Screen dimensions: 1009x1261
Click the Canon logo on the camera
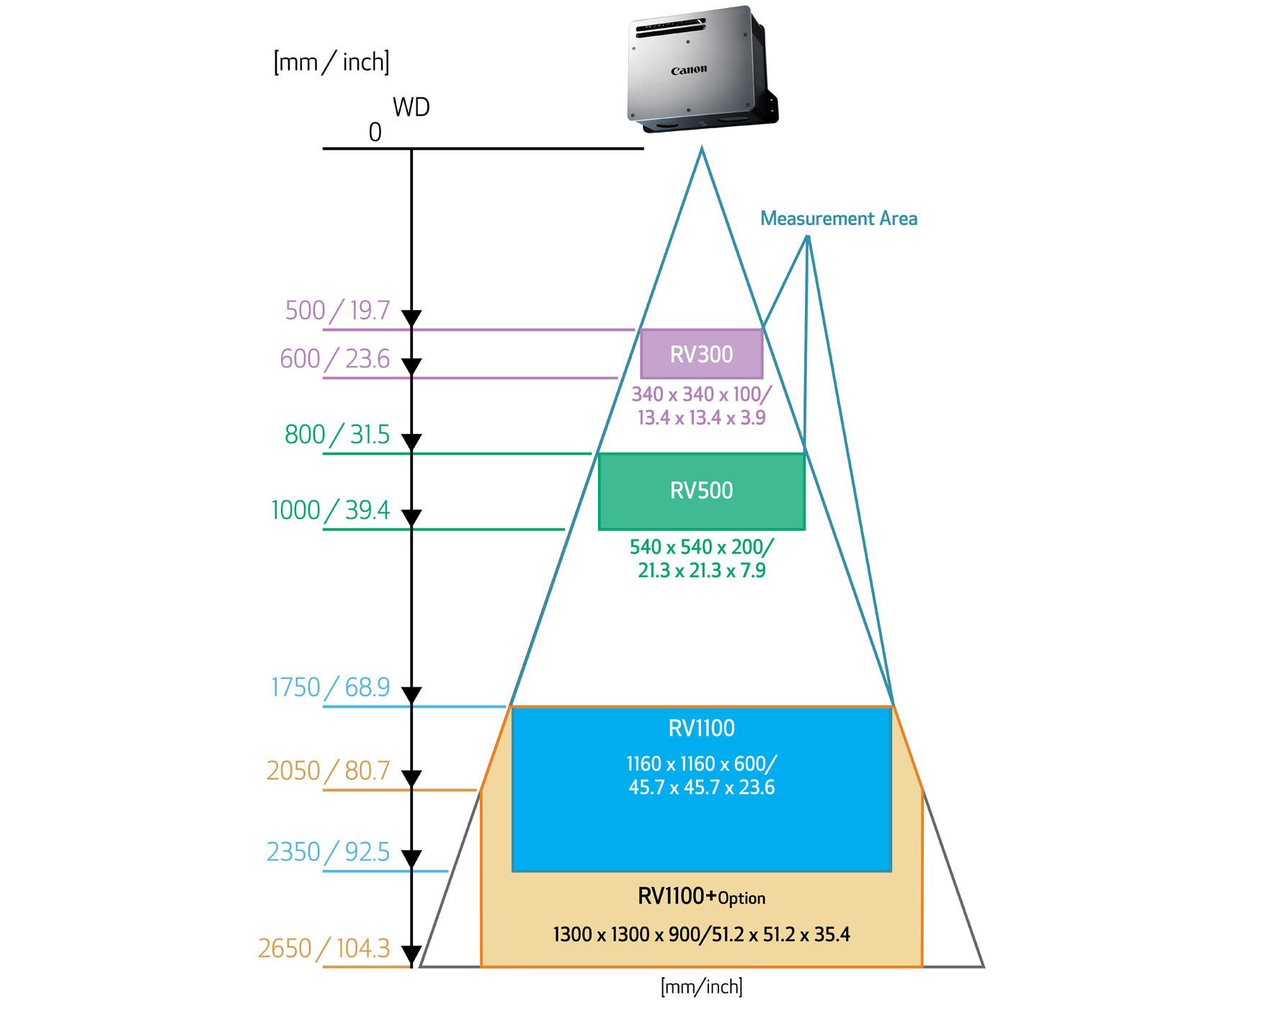coord(689,70)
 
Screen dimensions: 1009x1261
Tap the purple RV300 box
coord(701,354)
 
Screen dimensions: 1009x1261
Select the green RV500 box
coord(701,491)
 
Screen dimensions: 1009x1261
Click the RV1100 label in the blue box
coord(701,728)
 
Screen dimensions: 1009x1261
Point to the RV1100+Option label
coord(701,897)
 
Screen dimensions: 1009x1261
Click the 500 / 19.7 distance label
coord(337,311)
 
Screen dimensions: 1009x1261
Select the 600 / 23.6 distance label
coord(334,359)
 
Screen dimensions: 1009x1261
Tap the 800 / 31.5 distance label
coord(337,435)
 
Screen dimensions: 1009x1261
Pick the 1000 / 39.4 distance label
coord(330,510)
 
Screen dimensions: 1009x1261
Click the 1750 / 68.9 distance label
coord(330,688)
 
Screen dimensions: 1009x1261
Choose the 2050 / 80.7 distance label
coord(328,771)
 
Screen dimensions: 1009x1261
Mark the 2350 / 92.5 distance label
coord(328,853)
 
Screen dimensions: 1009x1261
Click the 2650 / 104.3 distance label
coord(324,948)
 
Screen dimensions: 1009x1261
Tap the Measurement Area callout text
coord(839,218)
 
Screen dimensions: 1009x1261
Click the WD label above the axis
coord(411,107)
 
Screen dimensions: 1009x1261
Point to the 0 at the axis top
coord(375,133)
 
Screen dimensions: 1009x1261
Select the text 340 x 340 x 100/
coord(701,394)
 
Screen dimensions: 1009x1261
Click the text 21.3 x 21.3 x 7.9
coord(701,571)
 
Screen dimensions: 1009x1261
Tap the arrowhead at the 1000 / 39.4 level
coord(411,517)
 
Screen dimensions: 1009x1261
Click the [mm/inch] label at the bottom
coord(701,987)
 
